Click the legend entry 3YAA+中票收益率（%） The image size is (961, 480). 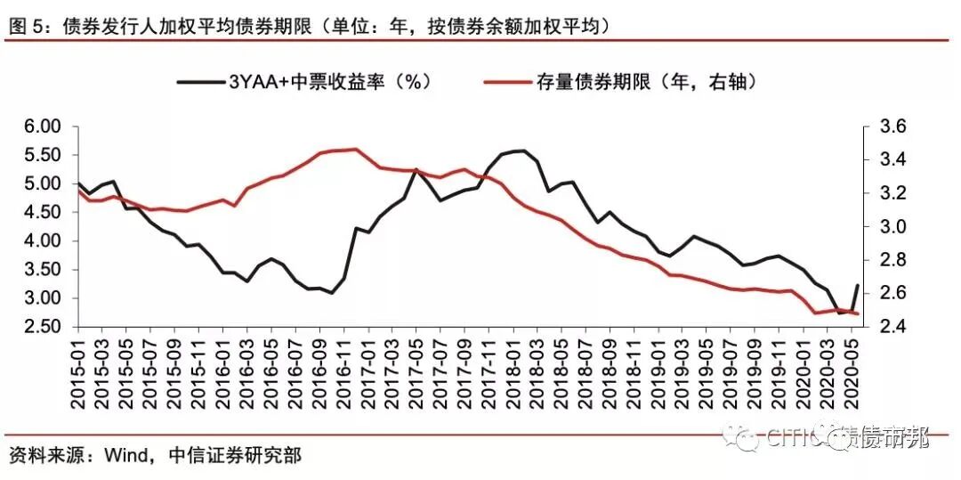pos(303,81)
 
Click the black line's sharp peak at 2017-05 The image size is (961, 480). pos(415,169)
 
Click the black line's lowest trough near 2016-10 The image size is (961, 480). pos(332,293)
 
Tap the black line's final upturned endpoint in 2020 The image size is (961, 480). pos(858,286)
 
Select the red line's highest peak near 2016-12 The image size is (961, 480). pos(356,150)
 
